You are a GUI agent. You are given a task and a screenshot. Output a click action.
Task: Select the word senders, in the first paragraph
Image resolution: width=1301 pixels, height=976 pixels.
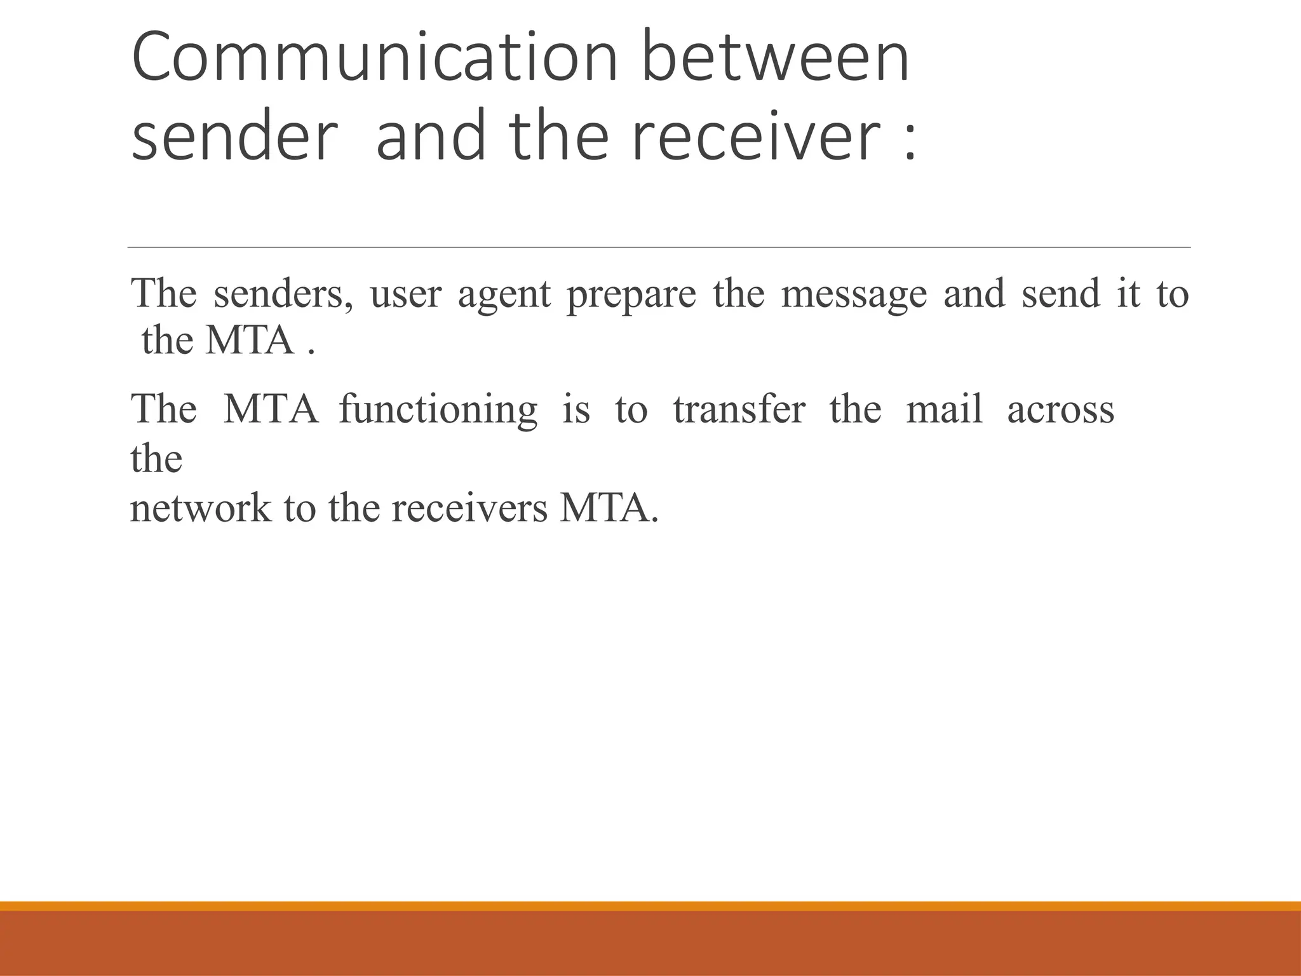[283, 294]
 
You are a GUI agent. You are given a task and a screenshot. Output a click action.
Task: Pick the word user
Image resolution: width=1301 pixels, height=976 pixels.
[405, 295]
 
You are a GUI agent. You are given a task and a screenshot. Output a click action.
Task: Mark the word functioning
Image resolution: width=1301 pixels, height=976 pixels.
[438, 410]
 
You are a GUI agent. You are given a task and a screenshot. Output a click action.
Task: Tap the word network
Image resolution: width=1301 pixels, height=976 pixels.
[200, 508]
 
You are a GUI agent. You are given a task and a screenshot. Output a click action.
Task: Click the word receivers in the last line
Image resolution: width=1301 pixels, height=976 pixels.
[469, 508]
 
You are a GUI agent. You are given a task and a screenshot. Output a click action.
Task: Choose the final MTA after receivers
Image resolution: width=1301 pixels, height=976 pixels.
[609, 508]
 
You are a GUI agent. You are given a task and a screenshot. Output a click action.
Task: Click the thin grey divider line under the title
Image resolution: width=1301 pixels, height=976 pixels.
[659, 247]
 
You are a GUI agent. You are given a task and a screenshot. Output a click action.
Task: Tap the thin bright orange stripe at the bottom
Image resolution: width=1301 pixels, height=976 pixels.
[650, 906]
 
